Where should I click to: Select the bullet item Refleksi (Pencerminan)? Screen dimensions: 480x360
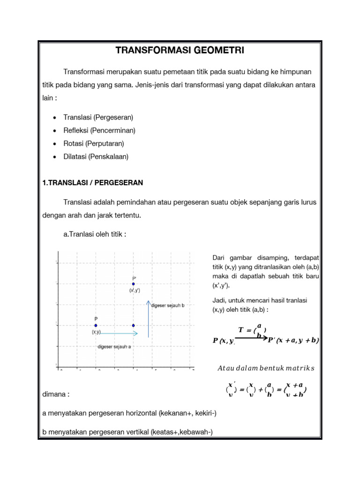point(99,130)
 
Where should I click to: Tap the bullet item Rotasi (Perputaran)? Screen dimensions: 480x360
point(94,143)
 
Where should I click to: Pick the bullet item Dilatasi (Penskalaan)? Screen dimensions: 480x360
point(96,156)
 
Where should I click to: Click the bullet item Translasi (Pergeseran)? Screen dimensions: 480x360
point(98,117)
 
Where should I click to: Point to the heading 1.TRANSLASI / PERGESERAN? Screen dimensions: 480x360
point(92,182)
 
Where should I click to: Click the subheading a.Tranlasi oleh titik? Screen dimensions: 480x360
point(94,233)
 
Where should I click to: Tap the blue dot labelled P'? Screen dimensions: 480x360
point(134,284)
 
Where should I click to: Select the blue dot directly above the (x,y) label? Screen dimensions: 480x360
point(96,325)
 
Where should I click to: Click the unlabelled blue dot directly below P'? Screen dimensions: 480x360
point(134,325)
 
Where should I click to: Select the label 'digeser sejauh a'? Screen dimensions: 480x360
point(114,347)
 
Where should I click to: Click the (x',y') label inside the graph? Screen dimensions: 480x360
point(135,291)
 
